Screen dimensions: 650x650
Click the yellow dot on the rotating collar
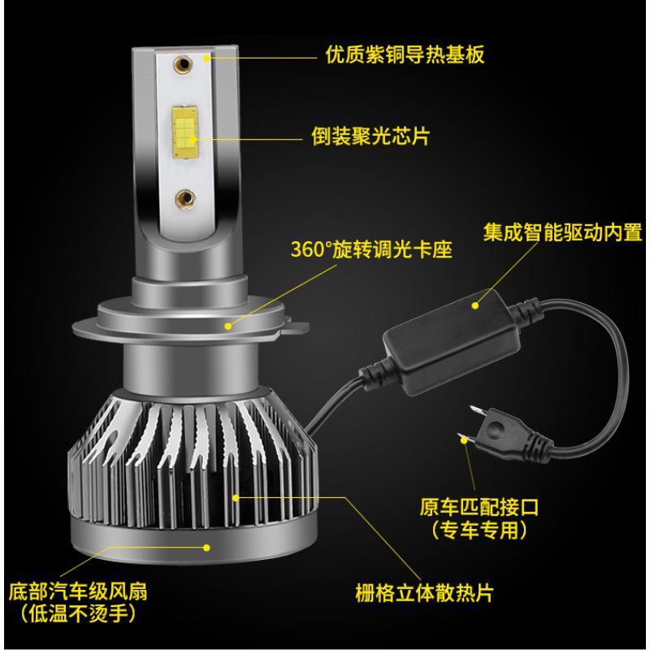(x=228, y=326)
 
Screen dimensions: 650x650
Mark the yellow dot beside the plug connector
(x=466, y=439)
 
